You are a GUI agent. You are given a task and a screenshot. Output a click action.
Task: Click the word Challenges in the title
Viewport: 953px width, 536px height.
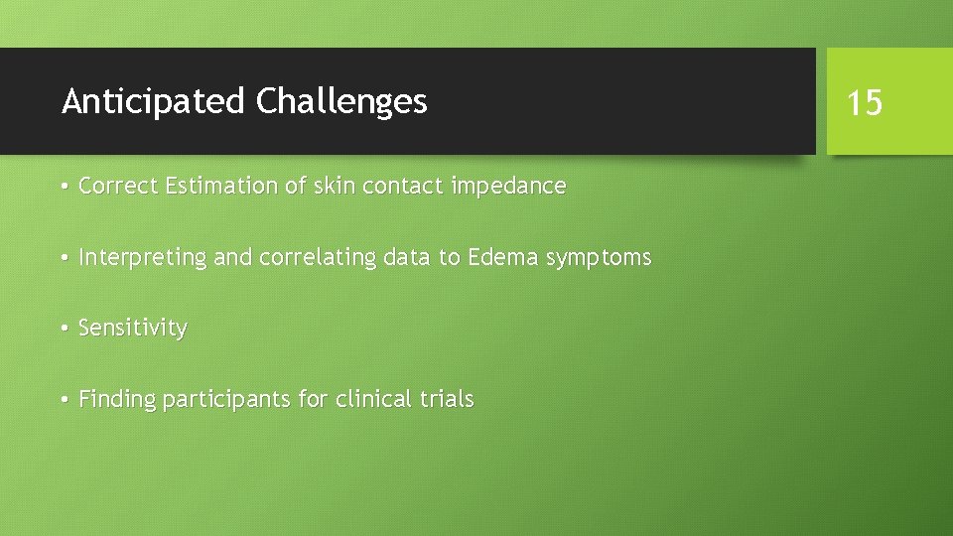341,101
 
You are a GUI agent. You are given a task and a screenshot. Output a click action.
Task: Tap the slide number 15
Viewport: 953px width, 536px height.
864,102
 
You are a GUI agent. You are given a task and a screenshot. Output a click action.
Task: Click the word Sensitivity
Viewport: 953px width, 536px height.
132,329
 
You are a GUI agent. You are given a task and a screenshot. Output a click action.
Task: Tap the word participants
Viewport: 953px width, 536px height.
227,400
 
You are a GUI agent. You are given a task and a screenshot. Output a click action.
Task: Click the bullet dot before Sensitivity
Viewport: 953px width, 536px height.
64,329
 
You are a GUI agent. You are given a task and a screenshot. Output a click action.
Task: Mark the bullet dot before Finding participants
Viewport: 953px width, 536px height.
64,400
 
